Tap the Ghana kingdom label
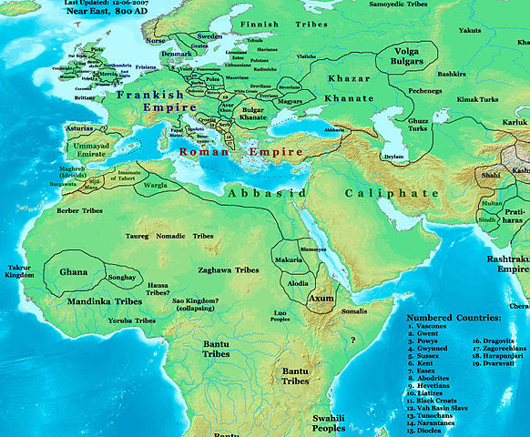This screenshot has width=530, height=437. [74, 271]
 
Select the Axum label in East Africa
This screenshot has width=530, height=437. [321, 298]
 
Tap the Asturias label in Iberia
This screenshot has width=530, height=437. [81, 129]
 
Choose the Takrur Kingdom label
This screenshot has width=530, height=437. [19, 269]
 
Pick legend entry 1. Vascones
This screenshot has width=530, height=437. [433, 326]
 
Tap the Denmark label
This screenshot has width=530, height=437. [176, 54]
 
